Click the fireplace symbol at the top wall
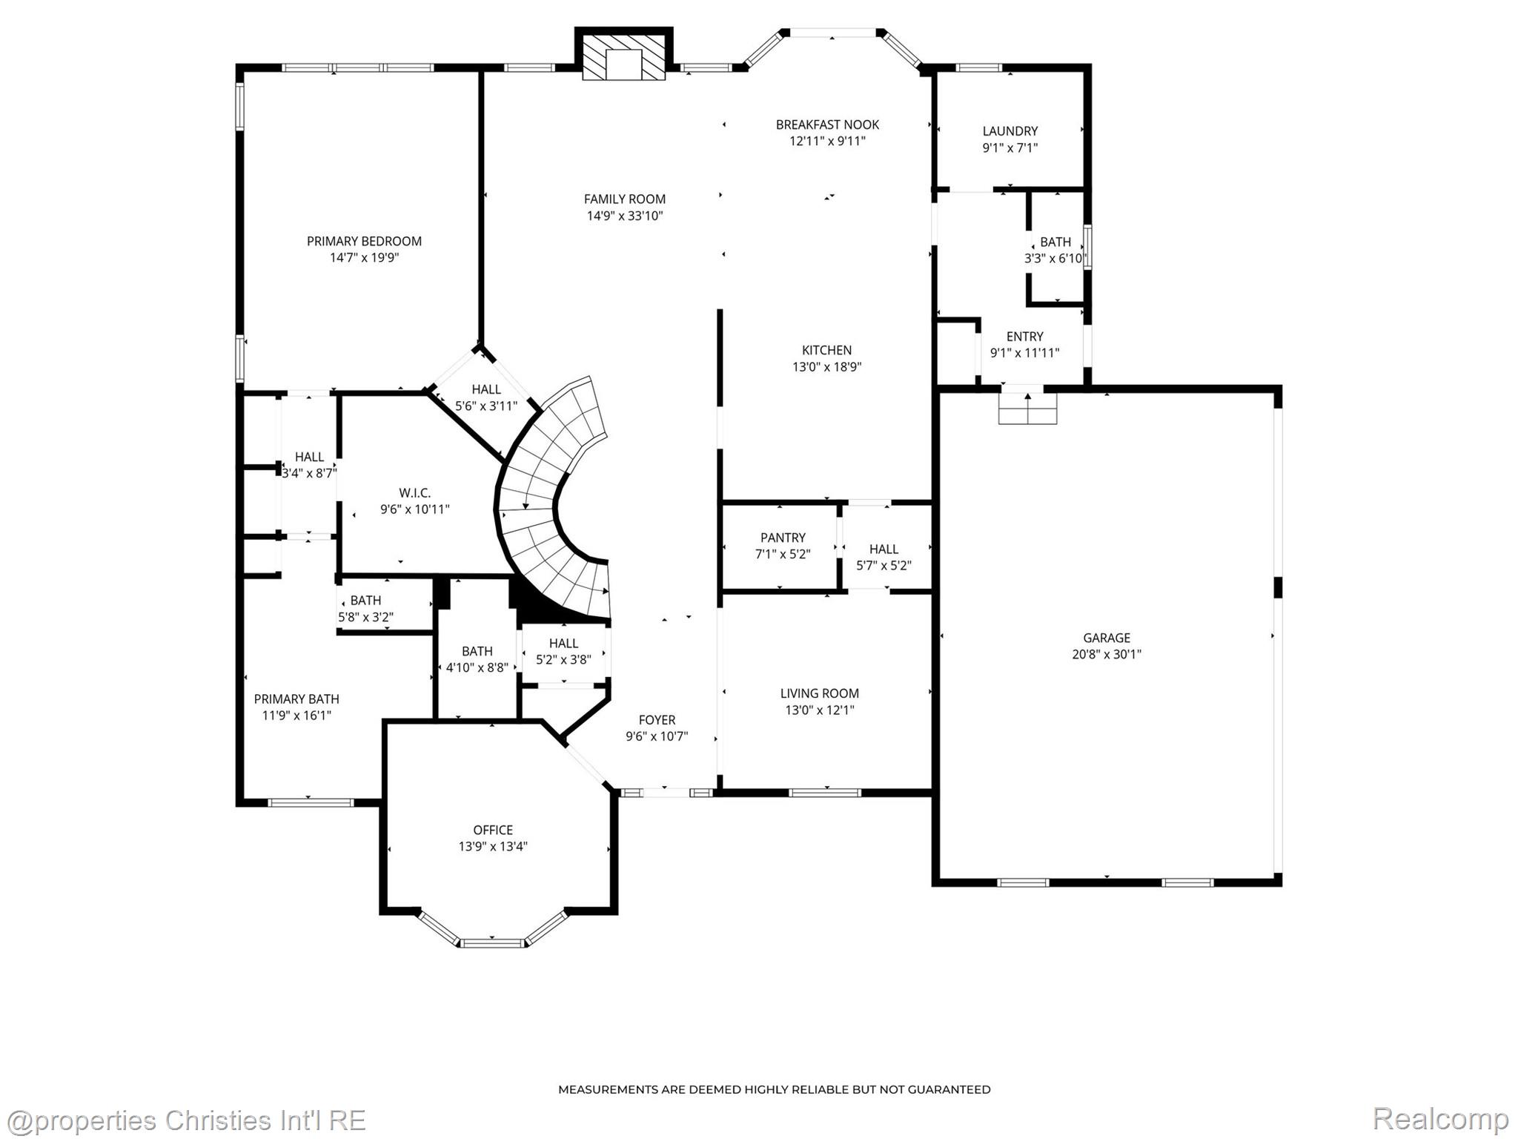pyautogui.click(x=623, y=56)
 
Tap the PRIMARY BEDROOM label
pyautogui.click(x=364, y=241)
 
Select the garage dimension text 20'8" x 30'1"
pyautogui.click(x=1107, y=654)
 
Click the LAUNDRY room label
pyautogui.click(x=1010, y=131)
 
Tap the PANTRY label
pyautogui.click(x=783, y=538)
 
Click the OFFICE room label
pyautogui.click(x=493, y=830)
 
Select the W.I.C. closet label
pyautogui.click(x=414, y=493)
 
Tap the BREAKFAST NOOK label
pyautogui.click(x=827, y=125)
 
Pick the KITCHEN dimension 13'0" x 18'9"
pyautogui.click(x=826, y=366)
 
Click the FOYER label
pyautogui.click(x=657, y=720)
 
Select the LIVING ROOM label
pyautogui.click(x=819, y=693)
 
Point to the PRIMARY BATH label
pyautogui.click(x=296, y=699)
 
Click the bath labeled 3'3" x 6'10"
pyautogui.click(x=1055, y=251)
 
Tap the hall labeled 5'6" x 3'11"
pyautogui.click(x=486, y=397)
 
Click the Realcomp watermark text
pyautogui.click(x=1440, y=1118)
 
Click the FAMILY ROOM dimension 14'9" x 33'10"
pyautogui.click(x=625, y=216)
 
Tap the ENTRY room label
pyautogui.click(x=1024, y=337)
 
